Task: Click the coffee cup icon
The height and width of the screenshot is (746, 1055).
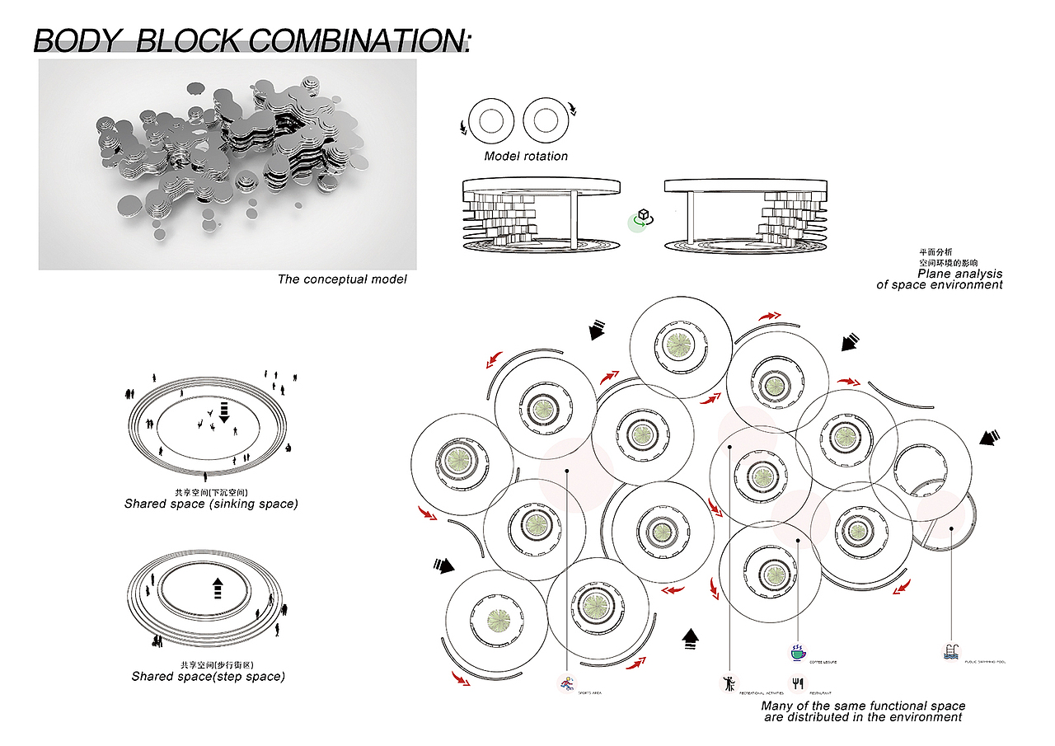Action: tap(797, 653)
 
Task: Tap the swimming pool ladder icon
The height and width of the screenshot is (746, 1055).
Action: tap(951, 652)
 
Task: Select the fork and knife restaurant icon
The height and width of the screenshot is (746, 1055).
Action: tap(797, 683)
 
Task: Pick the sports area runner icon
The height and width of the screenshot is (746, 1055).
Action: tap(566, 683)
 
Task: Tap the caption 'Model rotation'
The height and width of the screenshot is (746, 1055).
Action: tap(526, 156)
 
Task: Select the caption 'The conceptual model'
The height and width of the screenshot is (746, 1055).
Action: tap(342, 279)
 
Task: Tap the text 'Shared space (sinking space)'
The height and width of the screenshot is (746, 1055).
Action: tap(211, 504)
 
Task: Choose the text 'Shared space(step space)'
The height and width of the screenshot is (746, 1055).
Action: tap(209, 677)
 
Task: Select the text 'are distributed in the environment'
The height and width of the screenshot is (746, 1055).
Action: tap(863, 717)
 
